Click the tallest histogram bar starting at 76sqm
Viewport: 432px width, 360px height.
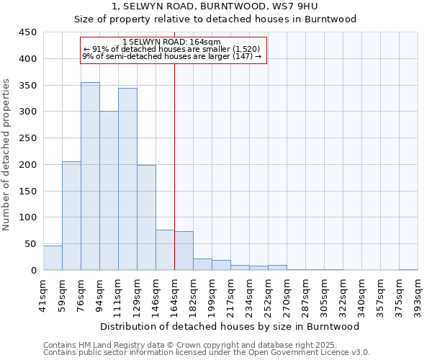point(90,176)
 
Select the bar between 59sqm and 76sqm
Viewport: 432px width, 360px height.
point(71,216)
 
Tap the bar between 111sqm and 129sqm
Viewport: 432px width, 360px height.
point(127,179)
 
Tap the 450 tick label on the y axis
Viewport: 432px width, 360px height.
point(27,32)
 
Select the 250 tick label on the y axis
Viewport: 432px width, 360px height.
point(27,138)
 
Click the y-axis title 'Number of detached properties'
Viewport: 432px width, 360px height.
point(6,155)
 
